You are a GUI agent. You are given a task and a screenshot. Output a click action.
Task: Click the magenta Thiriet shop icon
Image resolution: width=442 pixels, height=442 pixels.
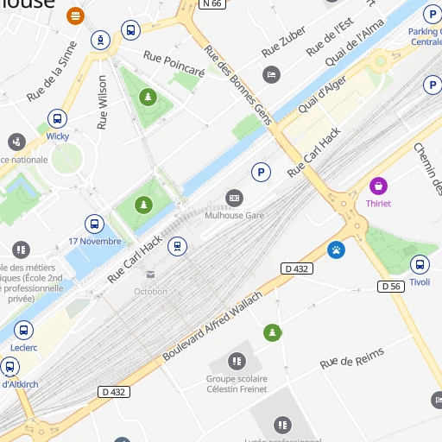[x=378, y=186]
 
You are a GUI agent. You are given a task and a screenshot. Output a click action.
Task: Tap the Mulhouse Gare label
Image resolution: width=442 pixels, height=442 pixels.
[x=234, y=215]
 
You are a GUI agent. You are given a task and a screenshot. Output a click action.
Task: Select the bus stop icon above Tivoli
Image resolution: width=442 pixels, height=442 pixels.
[x=420, y=265]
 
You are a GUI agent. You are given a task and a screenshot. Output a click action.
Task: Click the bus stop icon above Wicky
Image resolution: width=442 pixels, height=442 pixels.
[x=57, y=119]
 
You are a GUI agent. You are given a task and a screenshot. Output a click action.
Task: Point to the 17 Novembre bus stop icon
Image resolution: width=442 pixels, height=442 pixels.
[x=94, y=224]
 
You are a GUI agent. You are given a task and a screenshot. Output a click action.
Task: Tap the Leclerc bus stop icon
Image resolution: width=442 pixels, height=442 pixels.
[x=23, y=330]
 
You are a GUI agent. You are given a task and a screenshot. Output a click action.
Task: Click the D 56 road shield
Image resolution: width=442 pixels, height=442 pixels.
[x=391, y=286]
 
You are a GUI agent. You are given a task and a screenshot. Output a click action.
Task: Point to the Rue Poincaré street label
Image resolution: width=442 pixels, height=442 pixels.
[x=174, y=66]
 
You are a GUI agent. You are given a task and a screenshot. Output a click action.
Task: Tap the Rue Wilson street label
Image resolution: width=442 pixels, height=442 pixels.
[x=103, y=102]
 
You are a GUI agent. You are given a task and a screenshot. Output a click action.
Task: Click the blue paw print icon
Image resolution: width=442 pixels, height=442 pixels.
[x=336, y=250]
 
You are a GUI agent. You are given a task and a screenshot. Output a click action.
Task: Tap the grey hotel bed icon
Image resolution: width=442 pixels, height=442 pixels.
[x=272, y=75]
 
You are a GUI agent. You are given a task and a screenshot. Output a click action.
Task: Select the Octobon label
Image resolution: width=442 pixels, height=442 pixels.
[x=150, y=291]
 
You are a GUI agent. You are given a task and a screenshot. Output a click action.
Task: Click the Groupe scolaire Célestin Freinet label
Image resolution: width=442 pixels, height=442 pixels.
[x=237, y=383]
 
